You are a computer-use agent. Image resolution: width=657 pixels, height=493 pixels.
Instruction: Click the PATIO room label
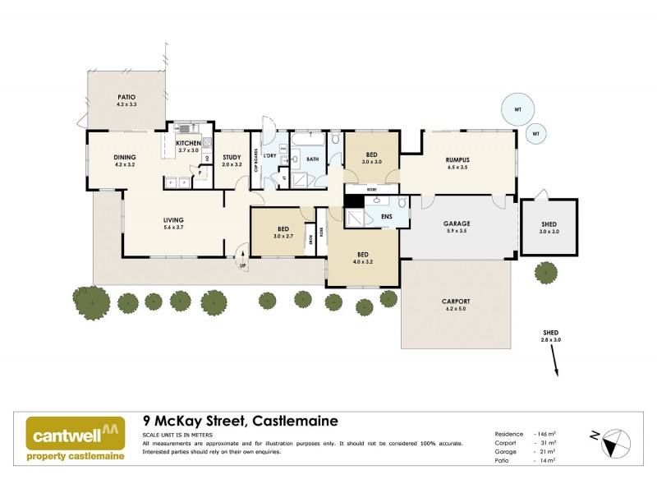(126, 98)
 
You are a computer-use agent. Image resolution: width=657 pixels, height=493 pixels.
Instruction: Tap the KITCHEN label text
(188, 144)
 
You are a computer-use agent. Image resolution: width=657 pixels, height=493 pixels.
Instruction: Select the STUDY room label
(232, 157)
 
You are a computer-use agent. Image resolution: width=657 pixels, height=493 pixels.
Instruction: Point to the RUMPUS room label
(458, 160)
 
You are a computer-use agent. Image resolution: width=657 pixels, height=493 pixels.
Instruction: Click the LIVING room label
(172, 219)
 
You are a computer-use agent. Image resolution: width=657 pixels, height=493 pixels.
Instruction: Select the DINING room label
(125, 157)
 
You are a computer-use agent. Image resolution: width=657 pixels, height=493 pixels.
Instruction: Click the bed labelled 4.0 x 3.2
(362, 255)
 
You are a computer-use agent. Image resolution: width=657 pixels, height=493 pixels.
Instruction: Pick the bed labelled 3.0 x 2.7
(282, 229)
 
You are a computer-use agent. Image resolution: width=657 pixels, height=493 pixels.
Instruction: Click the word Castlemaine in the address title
(293, 421)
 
